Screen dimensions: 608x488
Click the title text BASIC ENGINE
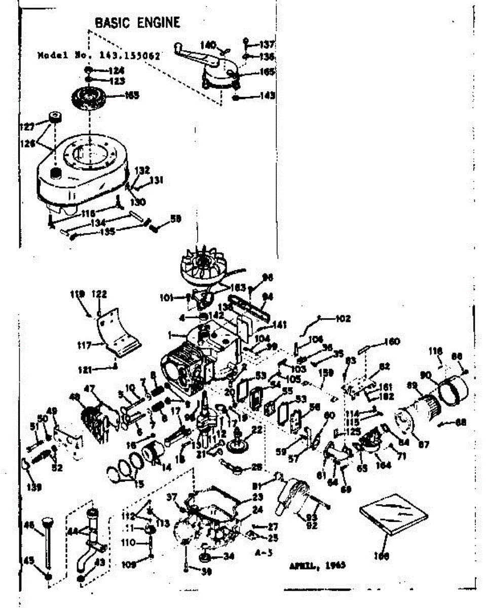pyautogui.click(x=137, y=22)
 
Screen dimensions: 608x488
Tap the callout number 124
pyautogui.click(x=117, y=70)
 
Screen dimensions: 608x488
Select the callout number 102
pyautogui.click(x=343, y=319)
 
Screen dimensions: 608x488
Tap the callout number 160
pyautogui.click(x=392, y=341)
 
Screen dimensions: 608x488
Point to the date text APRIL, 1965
pyautogui.click(x=318, y=565)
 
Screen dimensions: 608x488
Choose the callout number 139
pyautogui.click(x=33, y=487)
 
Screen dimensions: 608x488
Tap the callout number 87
pyautogui.click(x=424, y=445)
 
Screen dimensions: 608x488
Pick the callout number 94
pyautogui.click(x=267, y=296)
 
